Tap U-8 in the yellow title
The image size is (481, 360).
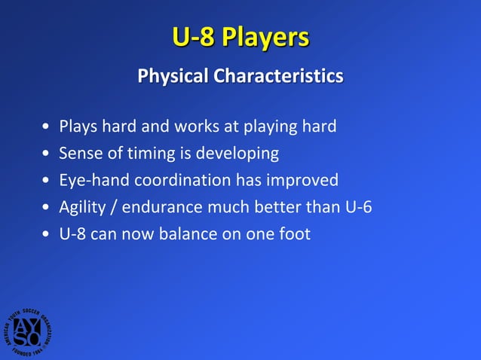[193, 38]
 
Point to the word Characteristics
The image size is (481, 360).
[278, 77]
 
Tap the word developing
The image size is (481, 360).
[237, 154]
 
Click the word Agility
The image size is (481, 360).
[84, 208]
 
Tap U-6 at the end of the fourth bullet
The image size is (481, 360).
[357, 207]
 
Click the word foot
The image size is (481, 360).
[293, 234]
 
